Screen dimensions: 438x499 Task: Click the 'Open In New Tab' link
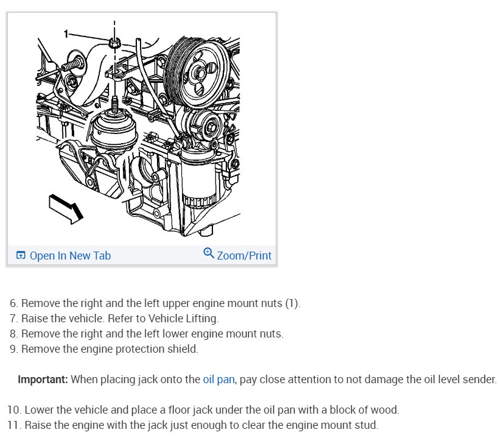[x=70, y=255]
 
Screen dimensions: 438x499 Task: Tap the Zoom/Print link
[x=244, y=255]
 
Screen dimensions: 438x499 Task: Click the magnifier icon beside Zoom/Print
[x=209, y=253]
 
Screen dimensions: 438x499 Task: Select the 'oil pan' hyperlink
[x=218, y=380]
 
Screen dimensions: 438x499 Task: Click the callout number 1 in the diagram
[x=66, y=34]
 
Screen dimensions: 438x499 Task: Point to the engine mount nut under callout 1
[x=114, y=43]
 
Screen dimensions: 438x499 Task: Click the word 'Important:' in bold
[x=43, y=380]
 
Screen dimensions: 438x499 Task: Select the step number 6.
[x=13, y=303]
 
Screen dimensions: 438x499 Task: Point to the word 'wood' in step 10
[x=386, y=410]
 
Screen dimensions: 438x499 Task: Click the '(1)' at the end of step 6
[x=292, y=303]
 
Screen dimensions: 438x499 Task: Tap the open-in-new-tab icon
[x=21, y=255]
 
